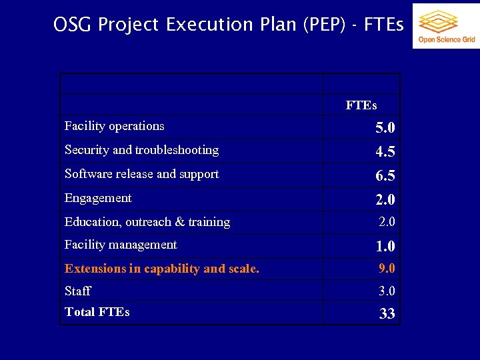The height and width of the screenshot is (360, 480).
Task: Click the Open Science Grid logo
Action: tap(446, 26)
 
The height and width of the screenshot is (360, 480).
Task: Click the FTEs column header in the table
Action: tap(361, 105)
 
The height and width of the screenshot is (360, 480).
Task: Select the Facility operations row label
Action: tap(114, 126)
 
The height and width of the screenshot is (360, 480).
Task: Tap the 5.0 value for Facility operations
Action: tap(385, 127)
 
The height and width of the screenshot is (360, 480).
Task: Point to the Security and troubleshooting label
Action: tap(141, 150)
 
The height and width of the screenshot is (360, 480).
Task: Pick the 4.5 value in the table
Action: tap(385, 152)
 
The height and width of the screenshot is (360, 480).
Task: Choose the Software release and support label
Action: tap(141, 174)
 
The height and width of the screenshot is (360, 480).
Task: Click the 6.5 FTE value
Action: tap(385, 176)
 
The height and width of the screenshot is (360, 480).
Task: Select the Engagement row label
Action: tap(98, 198)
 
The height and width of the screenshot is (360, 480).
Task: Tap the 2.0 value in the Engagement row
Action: tap(385, 200)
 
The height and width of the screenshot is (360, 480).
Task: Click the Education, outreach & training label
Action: tap(147, 222)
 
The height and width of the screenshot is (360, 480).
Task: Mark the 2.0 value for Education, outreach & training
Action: tap(387, 222)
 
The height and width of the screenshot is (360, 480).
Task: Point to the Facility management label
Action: tap(121, 245)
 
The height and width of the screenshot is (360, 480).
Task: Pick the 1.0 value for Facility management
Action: tap(385, 247)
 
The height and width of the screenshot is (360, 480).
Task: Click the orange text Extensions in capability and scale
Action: tap(162, 269)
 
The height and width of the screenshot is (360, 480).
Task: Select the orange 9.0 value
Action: tap(387, 269)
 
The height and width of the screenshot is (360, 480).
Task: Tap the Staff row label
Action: tap(77, 291)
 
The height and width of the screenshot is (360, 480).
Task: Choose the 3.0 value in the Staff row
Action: tap(387, 291)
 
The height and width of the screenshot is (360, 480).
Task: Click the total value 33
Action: tap(387, 314)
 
